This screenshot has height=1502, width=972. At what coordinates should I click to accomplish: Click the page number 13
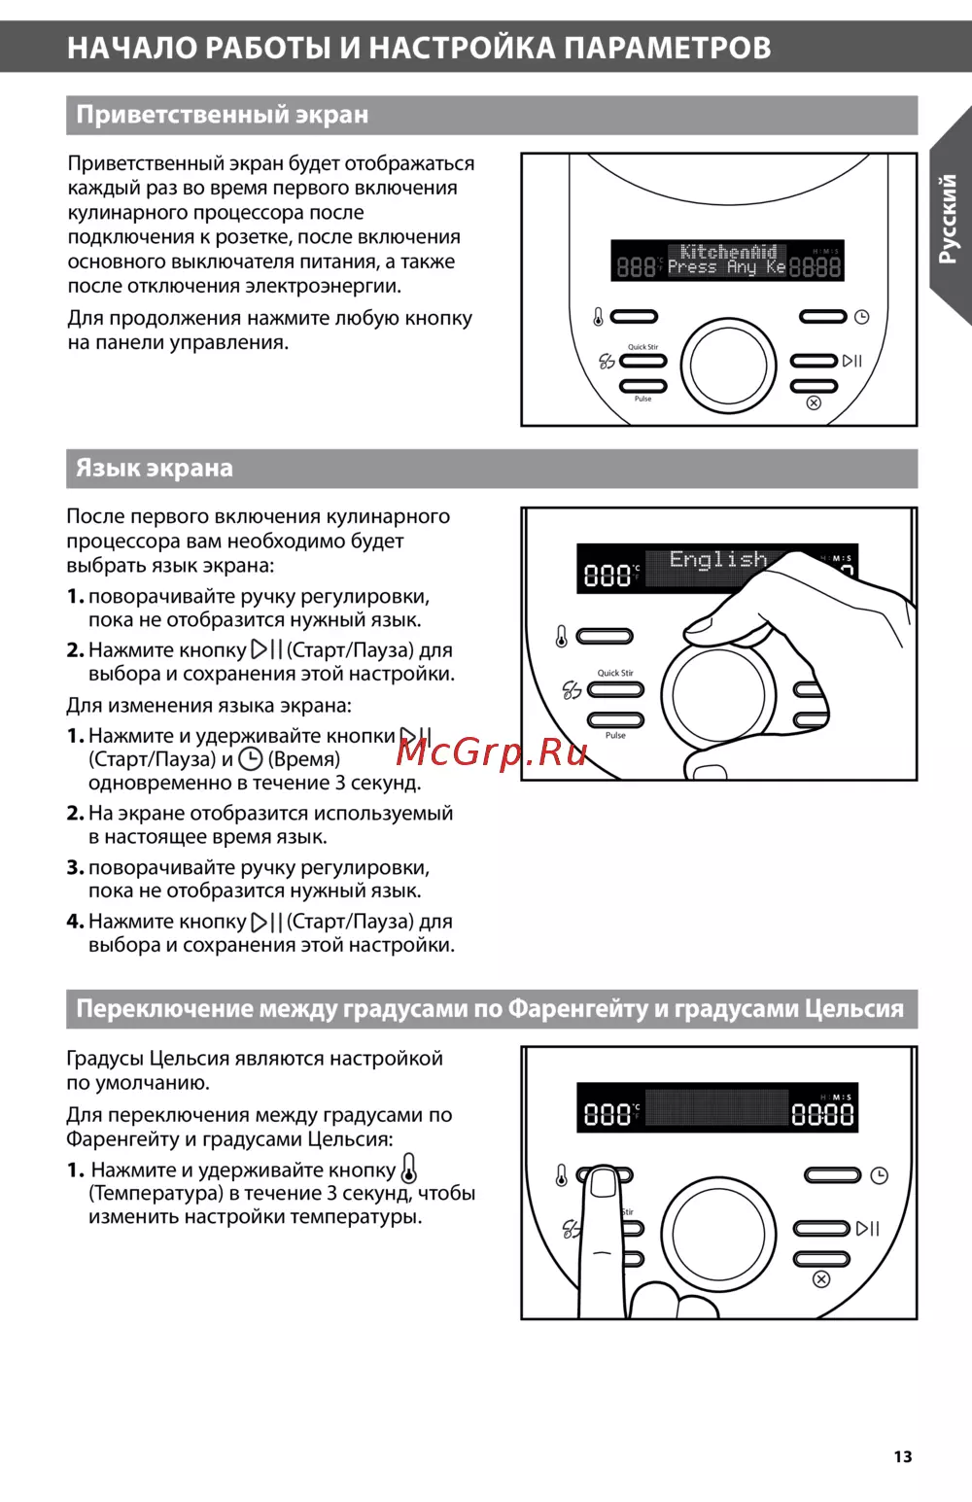903,1456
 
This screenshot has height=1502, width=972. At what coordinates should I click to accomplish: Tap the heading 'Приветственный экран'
223,115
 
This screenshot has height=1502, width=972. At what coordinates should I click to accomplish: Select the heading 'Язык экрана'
155,469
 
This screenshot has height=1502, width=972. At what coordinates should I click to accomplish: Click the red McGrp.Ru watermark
492,751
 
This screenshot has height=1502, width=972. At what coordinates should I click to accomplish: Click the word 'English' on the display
718,560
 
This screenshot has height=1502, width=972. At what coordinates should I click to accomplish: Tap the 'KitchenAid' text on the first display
728,252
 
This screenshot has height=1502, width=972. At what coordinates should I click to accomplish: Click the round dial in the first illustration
728,366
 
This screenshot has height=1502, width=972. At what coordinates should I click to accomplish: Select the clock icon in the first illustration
862,317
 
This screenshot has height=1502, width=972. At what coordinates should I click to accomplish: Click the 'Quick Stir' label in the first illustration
642,347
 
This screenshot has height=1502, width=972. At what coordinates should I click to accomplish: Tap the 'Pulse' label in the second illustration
615,736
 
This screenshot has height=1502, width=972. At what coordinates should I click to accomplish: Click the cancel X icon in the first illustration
814,402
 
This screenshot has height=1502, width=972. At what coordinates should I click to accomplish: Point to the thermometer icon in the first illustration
598,317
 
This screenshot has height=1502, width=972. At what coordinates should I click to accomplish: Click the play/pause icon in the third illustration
868,1229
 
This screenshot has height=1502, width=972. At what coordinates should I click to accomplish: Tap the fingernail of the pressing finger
604,1182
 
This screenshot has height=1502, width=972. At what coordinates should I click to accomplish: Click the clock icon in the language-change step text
251,759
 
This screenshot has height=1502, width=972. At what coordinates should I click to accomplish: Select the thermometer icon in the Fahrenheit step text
409,1169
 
